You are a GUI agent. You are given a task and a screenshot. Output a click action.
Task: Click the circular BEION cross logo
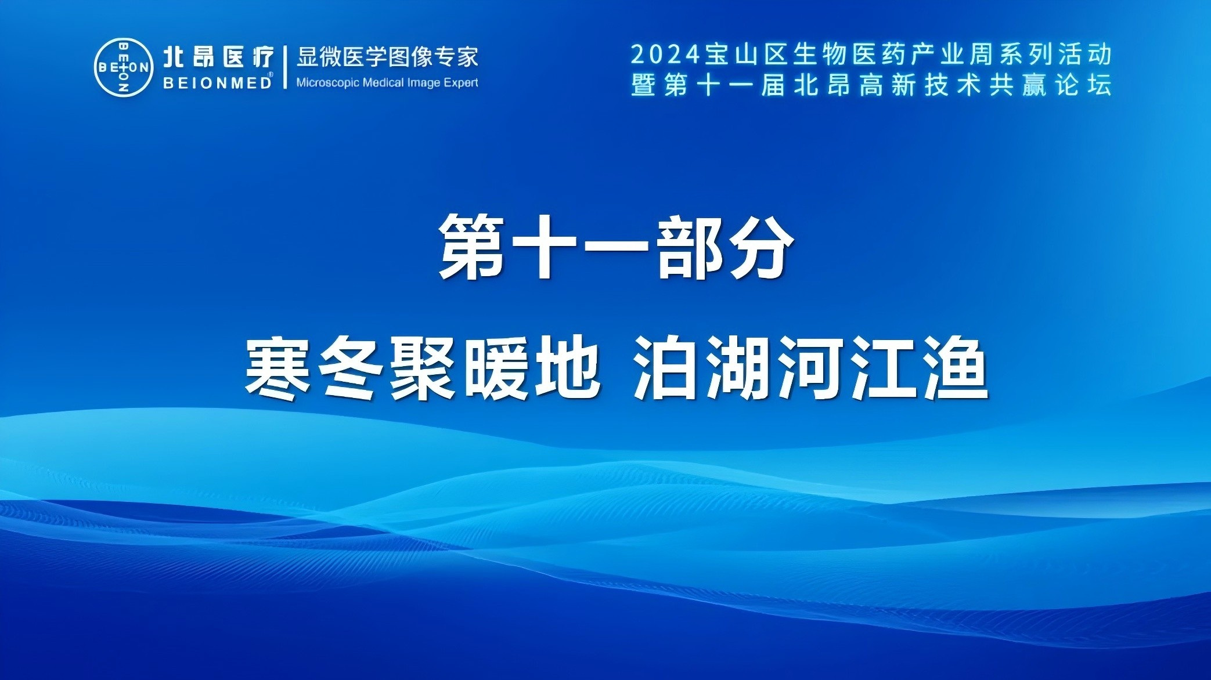click(124, 67)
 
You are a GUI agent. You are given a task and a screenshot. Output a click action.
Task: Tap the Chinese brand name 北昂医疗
click(218, 57)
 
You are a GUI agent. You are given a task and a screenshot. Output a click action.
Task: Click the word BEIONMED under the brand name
click(218, 83)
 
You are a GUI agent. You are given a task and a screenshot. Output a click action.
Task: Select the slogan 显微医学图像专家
click(387, 57)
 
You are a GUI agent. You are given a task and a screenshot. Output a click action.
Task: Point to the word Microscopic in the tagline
click(327, 83)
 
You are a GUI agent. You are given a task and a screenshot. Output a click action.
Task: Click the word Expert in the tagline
click(461, 83)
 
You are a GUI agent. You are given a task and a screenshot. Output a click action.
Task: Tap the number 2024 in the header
click(666, 55)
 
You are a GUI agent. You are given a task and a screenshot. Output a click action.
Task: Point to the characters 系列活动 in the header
click(1055, 55)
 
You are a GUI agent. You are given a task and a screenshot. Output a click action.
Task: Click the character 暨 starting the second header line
click(644, 85)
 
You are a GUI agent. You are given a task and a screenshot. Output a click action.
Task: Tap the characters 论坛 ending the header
click(1083, 85)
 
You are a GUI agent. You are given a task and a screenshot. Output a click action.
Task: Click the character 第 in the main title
click(471, 246)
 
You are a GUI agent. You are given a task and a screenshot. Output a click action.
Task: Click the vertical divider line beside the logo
click(285, 67)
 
